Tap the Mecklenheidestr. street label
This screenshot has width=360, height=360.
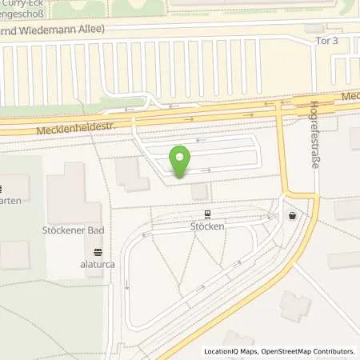click(x=77, y=126)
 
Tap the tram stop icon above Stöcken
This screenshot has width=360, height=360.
click(x=208, y=214)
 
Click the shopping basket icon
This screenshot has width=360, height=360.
click(x=294, y=214)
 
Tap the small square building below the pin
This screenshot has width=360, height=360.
click(x=200, y=190)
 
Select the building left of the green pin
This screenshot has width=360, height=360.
click(x=132, y=174)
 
